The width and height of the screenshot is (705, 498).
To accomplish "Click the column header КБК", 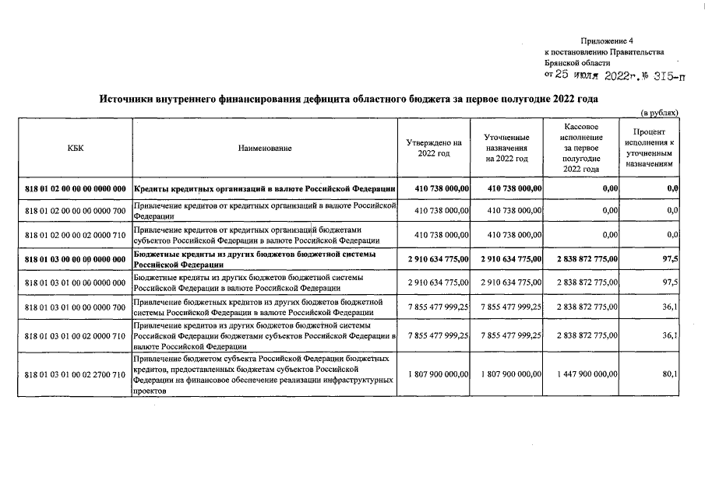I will click(76, 148).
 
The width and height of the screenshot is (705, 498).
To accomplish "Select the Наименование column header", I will click(266, 148).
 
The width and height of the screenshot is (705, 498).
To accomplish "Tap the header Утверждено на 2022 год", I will click(434, 148).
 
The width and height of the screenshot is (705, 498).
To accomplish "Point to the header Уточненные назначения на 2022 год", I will click(506, 148).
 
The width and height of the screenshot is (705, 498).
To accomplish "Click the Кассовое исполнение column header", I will click(581, 147).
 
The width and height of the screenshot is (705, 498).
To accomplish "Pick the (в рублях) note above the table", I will click(659, 113).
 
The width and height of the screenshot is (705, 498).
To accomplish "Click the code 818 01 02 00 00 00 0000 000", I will click(76, 189).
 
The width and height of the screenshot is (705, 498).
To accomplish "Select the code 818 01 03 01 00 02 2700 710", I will click(76, 375).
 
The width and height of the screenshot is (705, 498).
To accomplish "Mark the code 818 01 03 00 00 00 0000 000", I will click(76, 259).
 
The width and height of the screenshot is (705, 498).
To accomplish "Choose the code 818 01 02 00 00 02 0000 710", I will click(76, 235).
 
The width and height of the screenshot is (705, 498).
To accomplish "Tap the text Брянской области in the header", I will click(578, 63).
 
